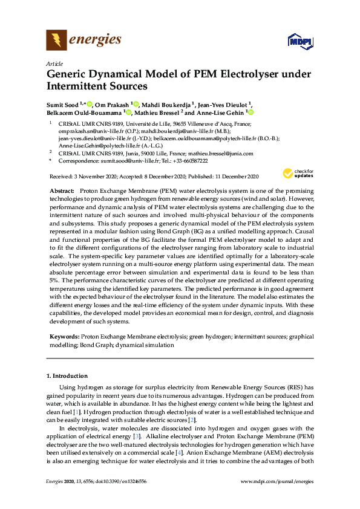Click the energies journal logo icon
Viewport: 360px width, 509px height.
click(56, 41)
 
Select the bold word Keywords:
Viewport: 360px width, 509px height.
click(64, 335)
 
